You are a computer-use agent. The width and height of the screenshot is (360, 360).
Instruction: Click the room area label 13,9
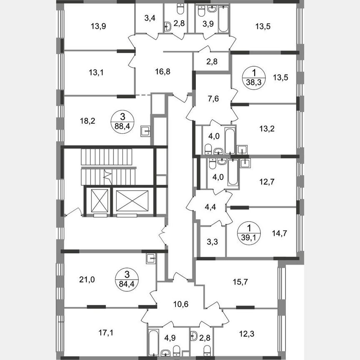(x=98, y=27)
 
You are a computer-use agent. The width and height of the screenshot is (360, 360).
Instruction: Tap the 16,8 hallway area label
(x=150, y=71)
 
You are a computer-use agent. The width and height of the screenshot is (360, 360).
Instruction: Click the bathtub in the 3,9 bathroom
(x=223, y=19)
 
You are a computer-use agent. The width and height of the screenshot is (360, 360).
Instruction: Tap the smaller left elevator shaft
(x=97, y=201)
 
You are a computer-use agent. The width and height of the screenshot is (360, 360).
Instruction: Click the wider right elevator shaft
(x=132, y=201)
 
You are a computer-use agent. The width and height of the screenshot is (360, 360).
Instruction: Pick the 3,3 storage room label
(x=212, y=242)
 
